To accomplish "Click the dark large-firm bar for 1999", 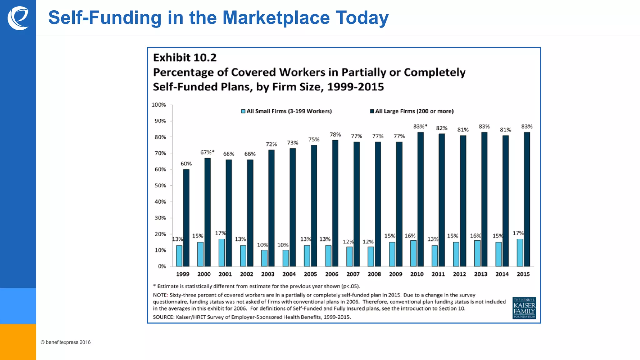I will (186, 218).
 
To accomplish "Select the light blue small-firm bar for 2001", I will (222, 253).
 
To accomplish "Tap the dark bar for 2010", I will (421, 199).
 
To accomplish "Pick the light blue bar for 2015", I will (520, 253).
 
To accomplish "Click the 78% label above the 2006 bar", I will (335, 134).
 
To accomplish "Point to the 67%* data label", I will (207, 152).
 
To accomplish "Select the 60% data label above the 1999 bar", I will (186, 163).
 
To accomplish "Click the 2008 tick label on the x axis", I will (374, 274).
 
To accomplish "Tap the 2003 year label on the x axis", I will (267, 274).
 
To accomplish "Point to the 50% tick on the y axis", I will (160, 185).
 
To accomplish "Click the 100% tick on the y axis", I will (159, 105).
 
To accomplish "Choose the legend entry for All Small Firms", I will (286, 111).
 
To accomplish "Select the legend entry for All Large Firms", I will (412, 111).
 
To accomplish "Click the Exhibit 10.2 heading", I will (185, 57).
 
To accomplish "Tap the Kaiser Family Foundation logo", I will (524, 308).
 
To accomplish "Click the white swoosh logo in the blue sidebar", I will (18, 18).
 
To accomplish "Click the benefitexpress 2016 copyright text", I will (66, 342).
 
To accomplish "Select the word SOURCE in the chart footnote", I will (163, 317).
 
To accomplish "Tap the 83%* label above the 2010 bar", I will (420, 126).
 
